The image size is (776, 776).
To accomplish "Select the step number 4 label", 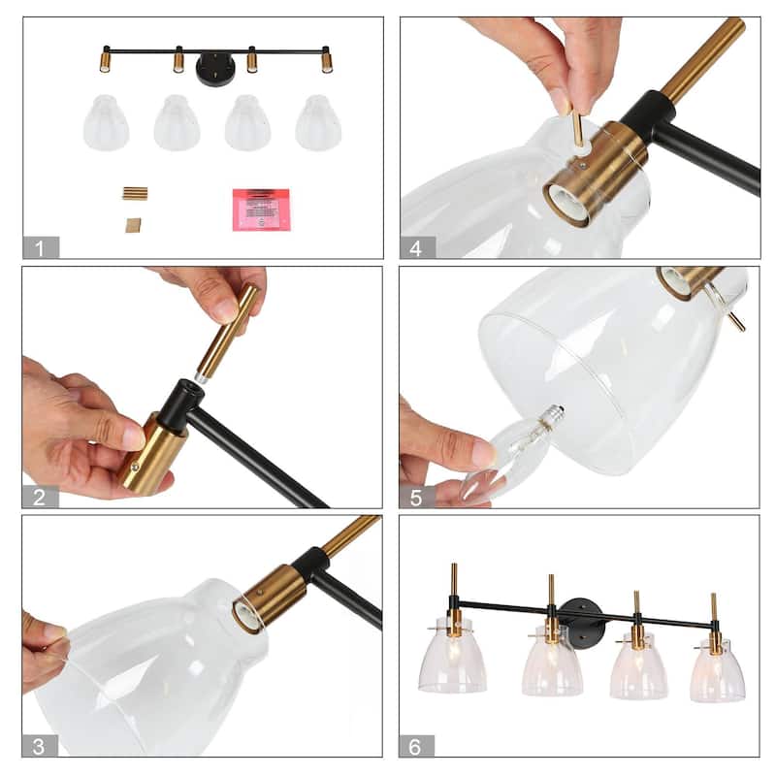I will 416,247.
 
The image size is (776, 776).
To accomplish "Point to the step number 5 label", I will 416,497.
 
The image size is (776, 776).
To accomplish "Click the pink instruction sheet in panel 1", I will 261,209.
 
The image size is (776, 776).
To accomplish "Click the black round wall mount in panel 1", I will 215,70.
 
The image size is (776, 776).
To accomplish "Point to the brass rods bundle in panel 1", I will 134,193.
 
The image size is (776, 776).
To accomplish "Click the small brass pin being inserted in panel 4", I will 578,130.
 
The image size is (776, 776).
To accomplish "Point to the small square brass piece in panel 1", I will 133,225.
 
